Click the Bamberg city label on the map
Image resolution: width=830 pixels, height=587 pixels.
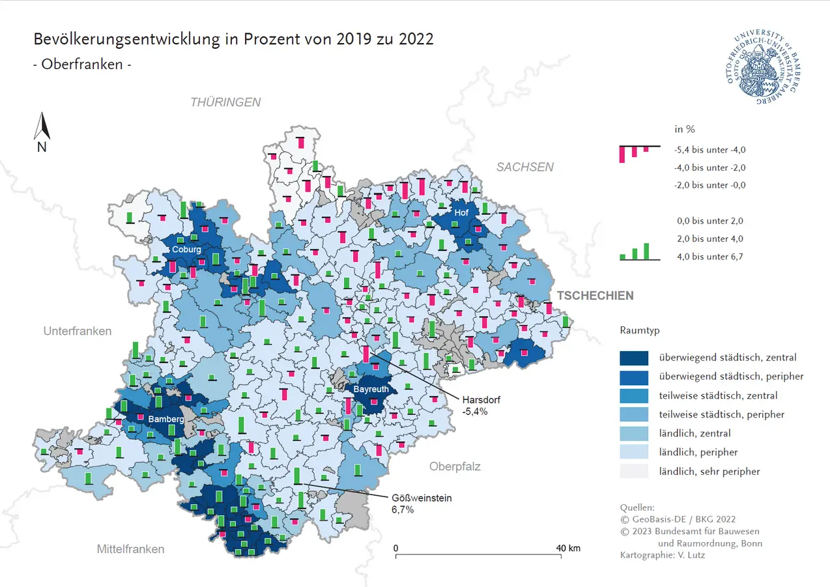(165, 419)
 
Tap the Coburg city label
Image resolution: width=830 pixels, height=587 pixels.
(186, 249)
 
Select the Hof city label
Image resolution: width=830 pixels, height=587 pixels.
(461, 213)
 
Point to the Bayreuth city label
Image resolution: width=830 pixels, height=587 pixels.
(371, 390)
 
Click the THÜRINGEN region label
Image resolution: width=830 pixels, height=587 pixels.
(225, 102)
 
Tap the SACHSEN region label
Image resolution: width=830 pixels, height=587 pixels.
(525, 167)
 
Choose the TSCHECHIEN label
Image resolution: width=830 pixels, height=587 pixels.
(594, 296)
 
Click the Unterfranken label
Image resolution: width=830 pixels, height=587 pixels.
(78, 331)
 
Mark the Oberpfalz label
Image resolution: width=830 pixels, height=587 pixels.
(455, 466)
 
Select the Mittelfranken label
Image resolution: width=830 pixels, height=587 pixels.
(130, 549)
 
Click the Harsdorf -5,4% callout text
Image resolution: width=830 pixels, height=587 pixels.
(481, 406)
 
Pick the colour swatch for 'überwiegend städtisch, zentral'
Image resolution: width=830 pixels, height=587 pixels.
(634, 358)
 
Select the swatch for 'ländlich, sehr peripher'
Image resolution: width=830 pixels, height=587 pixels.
(634, 471)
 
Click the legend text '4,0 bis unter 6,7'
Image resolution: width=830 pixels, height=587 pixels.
(710, 257)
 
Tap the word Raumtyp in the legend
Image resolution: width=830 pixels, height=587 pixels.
(640, 330)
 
